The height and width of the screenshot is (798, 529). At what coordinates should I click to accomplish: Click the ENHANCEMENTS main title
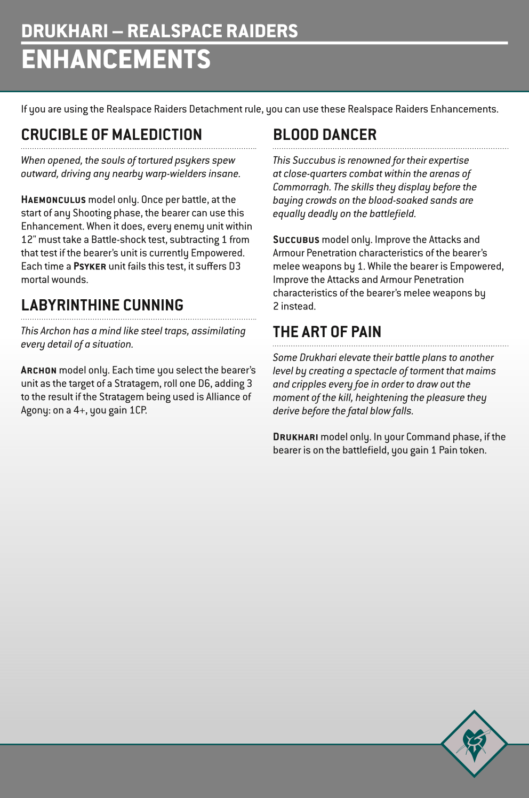[x=116, y=59]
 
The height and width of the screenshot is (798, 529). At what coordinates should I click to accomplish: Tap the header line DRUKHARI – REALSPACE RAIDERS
[x=159, y=31]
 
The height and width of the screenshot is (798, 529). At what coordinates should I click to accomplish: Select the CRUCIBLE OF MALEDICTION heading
[x=111, y=134]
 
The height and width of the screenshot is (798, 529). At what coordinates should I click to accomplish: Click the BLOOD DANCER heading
[x=324, y=134]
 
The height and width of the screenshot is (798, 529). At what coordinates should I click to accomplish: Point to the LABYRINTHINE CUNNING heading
[x=102, y=305]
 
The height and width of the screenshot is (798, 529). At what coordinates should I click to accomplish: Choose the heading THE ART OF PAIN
[x=327, y=332]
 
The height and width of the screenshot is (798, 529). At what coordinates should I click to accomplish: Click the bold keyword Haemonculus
[x=53, y=200]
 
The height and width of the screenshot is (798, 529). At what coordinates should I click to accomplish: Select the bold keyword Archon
[x=38, y=371]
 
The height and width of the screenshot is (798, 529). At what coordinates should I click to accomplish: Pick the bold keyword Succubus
[x=296, y=240]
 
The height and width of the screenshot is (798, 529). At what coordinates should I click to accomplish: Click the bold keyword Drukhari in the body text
[x=295, y=437]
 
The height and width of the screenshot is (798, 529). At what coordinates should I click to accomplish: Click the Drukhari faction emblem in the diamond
[x=474, y=743]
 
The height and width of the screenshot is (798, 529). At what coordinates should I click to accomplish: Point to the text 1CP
[x=138, y=410]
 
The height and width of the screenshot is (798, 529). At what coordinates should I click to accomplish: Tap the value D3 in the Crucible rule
[x=235, y=266]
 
